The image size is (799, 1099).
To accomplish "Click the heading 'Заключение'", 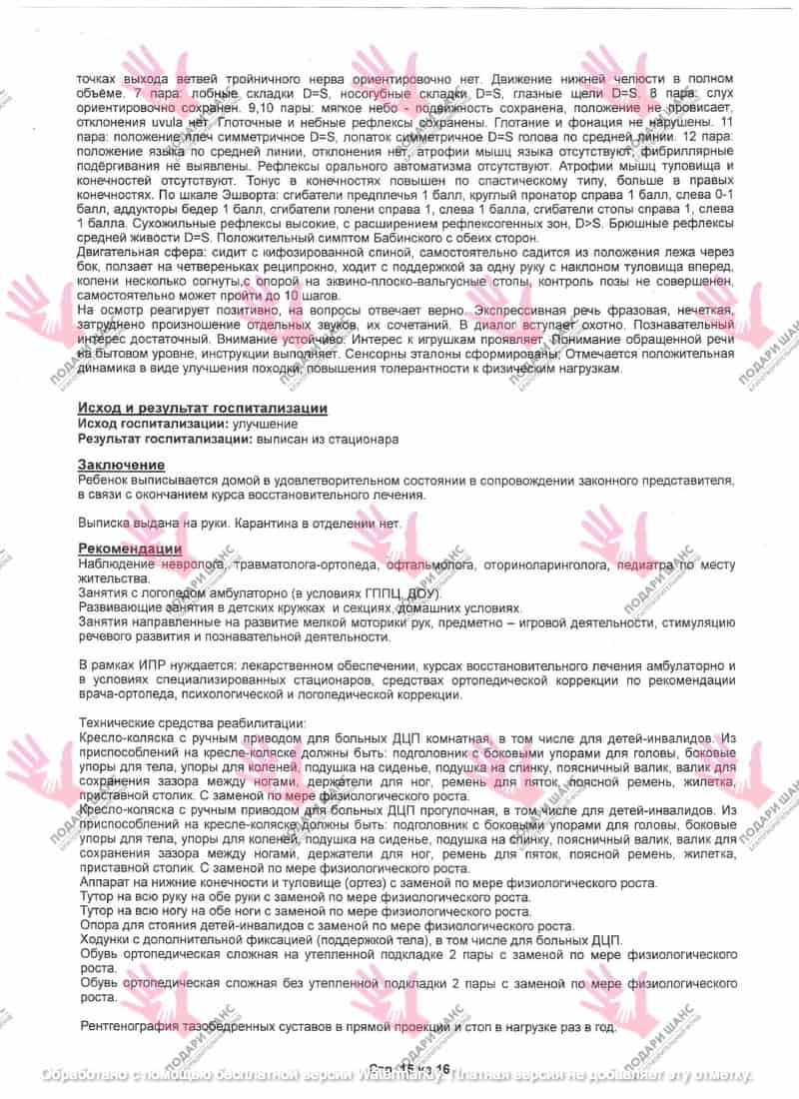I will (x=121, y=465).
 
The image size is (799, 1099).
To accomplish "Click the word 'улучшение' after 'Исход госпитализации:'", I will (x=251, y=424).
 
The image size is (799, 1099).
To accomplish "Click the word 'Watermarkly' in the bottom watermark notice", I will (x=405, y=1074).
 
